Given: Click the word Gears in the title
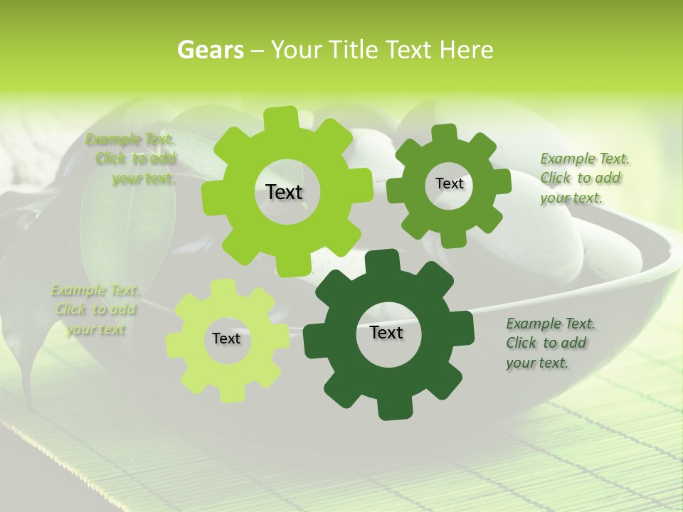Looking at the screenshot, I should [x=210, y=50].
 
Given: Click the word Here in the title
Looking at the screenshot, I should [x=466, y=50].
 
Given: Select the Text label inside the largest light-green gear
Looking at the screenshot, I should [x=284, y=192].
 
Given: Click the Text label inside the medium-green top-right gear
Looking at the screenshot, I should [x=449, y=183].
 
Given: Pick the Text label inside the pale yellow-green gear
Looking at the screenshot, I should [x=226, y=338].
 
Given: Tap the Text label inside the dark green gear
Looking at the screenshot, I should [x=386, y=332].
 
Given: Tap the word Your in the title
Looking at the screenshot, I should [x=293, y=50].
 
